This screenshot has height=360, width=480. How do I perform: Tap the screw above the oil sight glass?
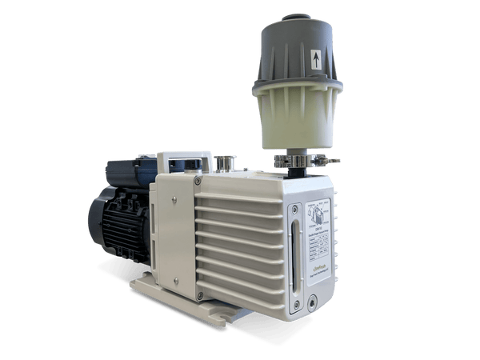tap(295, 209)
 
